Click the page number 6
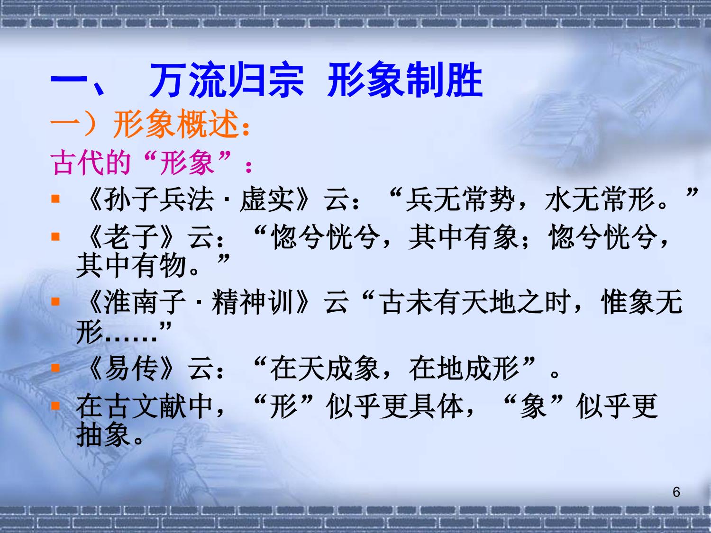point(676,492)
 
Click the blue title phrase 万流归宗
point(227,80)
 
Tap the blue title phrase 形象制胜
point(405,80)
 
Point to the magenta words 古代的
point(91,163)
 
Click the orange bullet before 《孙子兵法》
point(55,199)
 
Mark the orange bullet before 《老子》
point(55,236)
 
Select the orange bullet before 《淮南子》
point(55,302)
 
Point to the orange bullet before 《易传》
point(55,368)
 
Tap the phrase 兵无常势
point(460,199)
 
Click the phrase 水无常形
point(599,199)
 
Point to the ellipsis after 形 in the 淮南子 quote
point(131,339)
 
